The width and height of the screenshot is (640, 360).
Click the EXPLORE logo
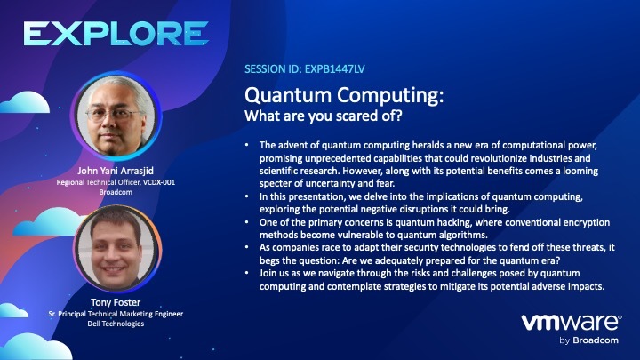click(x=116, y=34)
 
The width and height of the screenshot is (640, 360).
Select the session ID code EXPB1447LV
click(x=335, y=69)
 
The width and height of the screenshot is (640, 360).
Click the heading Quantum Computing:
click(x=344, y=95)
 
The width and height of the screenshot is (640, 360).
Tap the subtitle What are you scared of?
click(x=324, y=116)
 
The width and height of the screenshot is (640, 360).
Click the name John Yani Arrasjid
click(x=116, y=171)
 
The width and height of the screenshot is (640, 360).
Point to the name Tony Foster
click(x=116, y=302)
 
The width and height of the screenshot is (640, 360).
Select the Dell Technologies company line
click(x=116, y=324)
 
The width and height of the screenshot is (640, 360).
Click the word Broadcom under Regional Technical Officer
click(x=116, y=192)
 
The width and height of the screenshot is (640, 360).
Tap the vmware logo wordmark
click(x=572, y=323)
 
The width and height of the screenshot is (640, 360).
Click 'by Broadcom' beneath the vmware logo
click(x=588, y=340)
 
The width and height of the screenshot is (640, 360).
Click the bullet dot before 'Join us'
click(x=246, y=273)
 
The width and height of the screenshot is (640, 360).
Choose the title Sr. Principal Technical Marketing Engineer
click(x=116, y=314)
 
